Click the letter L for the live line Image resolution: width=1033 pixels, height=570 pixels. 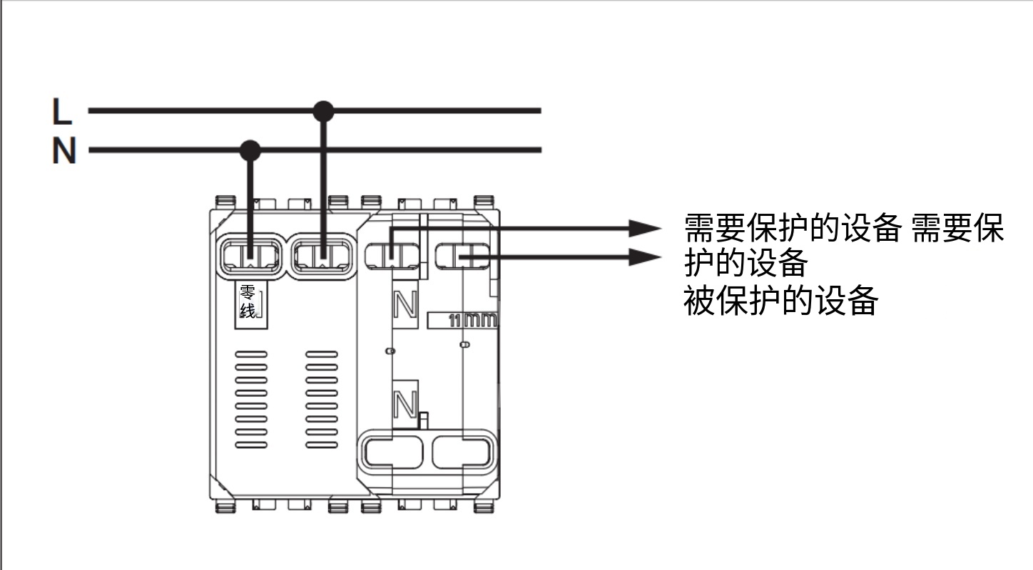coord(62,112)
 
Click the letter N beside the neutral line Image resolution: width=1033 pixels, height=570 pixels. coord(63,151)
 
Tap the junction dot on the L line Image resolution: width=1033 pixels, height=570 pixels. coord(324,111)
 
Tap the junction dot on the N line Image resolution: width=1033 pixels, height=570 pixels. coord(250,150)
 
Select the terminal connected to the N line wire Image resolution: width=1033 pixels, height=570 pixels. coord(250,256)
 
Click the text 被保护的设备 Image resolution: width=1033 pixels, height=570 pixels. coord(780,301)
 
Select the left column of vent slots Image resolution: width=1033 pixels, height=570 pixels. coord(250,399)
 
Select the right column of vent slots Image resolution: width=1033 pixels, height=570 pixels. coord(322,399)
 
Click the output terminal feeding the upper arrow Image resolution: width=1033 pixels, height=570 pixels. coord(390,254)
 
